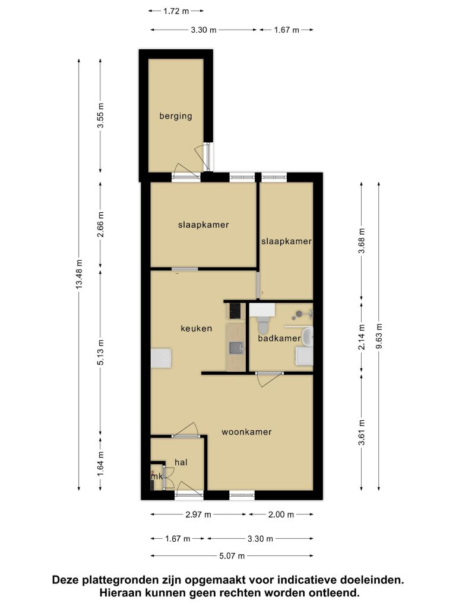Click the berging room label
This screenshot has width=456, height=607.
176,116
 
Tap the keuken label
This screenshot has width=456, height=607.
196,328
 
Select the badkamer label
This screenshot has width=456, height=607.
279,338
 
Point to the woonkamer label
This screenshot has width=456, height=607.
246,432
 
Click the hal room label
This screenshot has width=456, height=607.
181,462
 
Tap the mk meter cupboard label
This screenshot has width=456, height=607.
157,477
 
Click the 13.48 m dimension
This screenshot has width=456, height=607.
79,274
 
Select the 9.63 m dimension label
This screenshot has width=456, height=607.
379,336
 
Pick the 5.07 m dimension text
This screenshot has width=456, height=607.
232,556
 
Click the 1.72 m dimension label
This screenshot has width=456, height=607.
176,11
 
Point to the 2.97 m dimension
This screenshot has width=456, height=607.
198,515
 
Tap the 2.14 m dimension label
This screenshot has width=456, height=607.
362,337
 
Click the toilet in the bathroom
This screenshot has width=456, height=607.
263,324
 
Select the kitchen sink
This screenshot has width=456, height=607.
236,347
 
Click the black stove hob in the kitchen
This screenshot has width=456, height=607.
235,311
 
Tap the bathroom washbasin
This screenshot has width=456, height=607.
308,336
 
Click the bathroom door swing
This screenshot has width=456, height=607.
268,379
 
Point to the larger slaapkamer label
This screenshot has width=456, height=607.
204,225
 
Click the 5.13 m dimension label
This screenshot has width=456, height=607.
101,352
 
